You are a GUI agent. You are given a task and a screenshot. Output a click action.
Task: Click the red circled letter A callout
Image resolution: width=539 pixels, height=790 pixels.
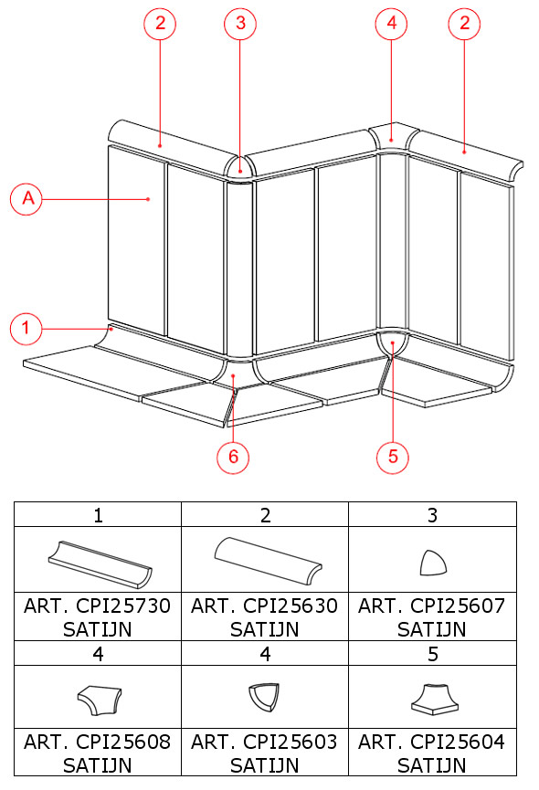pos(26,199)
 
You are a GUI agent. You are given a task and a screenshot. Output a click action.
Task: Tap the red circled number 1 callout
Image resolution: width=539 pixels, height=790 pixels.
pos(26,329)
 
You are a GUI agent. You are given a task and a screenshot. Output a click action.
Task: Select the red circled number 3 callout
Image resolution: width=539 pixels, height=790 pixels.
pos(240,24)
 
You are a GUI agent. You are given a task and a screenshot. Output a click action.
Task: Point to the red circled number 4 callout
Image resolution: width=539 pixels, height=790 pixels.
pos(391,24)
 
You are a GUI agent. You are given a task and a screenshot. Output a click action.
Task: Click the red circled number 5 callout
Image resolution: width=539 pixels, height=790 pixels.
pos(393,457)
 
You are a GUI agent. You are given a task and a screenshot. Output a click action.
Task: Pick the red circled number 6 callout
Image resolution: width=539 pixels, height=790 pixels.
pos(233,457)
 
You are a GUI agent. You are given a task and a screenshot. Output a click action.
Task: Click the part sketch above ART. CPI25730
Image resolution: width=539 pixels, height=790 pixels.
pos(100,564)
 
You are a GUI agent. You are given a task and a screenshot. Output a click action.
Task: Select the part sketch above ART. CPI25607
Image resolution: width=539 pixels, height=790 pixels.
pos(433,563)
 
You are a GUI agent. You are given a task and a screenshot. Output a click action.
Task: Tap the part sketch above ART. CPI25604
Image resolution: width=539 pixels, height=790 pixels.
pos(435,700)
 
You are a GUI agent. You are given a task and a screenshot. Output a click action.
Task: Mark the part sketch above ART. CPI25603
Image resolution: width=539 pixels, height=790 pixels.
pos(264,697)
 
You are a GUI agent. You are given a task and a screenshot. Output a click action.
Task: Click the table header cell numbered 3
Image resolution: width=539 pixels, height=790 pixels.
pos(432,515)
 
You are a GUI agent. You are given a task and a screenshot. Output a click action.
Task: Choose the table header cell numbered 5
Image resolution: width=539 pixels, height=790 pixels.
pos(432,654)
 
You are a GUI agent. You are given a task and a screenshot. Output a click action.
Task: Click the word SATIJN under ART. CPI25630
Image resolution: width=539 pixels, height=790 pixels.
pos(264,629)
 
